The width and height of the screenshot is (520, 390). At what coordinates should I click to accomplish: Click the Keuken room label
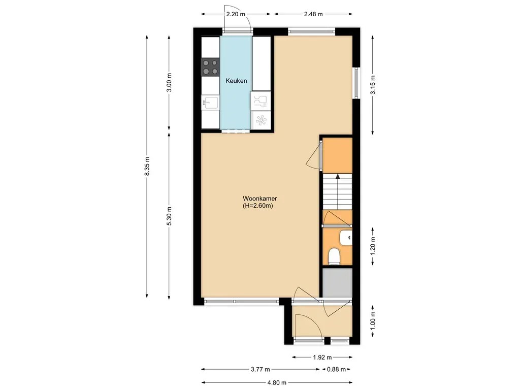pyautogui.click(x=236, y=81)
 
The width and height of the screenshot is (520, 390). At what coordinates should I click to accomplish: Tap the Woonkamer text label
pyautogui.click(x=259, y=199)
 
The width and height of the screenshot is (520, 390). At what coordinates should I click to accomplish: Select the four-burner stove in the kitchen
pyautogui.click(x=211, y=67)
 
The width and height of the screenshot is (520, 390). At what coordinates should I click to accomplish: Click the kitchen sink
pyautogui.click(x=211, y=103)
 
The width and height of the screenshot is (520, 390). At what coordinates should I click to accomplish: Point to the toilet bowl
pyautogui.click(x=334, y=256)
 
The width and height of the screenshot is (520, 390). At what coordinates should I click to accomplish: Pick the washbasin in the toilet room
pyautogui.click(x=346, y=238)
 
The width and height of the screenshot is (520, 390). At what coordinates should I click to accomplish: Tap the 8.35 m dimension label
pyautogui.click(x=147, y=167)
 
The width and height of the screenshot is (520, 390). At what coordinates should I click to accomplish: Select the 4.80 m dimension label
pyautogui.click(x=277, y=382)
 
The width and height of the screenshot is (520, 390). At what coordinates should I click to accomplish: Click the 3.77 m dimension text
pyautogui.click(x=261, y=369)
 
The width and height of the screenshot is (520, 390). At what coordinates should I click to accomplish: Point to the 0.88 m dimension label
pyautogui.click(x=336, y=369)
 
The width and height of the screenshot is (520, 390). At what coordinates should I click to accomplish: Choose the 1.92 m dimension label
pyautogui.click(x=322, y=357)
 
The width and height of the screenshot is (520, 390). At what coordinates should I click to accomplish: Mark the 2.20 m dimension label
pyautogui.click(x=236, y=14)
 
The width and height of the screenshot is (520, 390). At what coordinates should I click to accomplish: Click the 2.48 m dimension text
pyautogui.click(x=313, y=14)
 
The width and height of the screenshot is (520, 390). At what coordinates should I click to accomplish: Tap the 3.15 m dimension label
pyautogui.click(x=373, y=85)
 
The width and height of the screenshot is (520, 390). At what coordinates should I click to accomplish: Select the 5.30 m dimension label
pyautogui.click(x=169, y=216)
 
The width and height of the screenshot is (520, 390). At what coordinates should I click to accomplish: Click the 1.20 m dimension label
pyautogui.click(x=373, y=245)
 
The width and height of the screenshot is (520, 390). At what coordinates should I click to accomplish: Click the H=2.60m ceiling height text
pyautogui.click(x=257, y=206)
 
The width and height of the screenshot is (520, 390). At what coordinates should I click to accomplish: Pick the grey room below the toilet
pyautogui.click(x=337, y=282)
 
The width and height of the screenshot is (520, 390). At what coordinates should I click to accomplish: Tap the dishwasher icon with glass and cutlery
pyautogui.click(x=261, y=101)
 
